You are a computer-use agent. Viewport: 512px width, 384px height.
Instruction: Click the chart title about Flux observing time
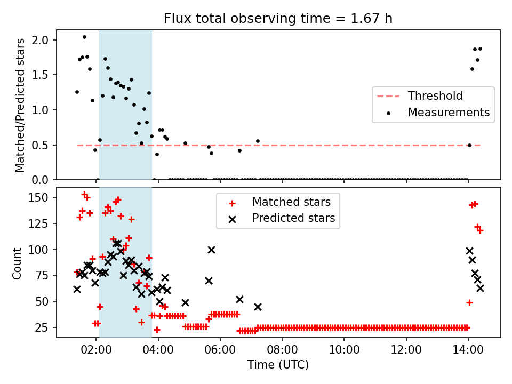(x=278, y=19)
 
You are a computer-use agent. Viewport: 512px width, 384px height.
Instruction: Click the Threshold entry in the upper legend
(x=420, y=96)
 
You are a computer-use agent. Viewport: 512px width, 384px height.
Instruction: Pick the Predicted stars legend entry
(x=282, y=218)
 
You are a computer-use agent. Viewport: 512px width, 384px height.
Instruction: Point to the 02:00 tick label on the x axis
(x=96, y=350)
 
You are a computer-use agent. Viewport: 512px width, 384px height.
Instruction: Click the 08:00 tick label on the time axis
(x=282, y=350)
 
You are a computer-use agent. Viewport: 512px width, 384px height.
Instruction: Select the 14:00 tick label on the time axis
(x=468, y=350)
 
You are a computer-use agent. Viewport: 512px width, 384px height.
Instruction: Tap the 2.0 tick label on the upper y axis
(x=40, y=40)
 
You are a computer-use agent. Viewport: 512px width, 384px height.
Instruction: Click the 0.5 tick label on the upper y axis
(x=40, y=145)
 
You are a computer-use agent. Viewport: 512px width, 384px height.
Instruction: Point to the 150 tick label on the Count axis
(x=38, y=197)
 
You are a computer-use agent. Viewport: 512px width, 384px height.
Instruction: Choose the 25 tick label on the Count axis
(x=42, y=327)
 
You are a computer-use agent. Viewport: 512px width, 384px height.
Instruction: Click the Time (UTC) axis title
(x=278, y=365)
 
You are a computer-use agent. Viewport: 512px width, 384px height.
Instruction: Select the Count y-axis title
(x=17, y=263)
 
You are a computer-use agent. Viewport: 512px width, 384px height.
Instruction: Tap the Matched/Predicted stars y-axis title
(x=20, y=105)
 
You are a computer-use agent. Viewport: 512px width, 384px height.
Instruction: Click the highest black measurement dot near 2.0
(x=84, y=37)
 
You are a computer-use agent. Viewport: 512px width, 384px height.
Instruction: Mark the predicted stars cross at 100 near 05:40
(x=211, y=250)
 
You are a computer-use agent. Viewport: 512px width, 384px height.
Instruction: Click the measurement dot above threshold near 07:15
(x=258, y=141)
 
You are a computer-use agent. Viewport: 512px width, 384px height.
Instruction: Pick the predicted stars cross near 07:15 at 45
(x=258, y=307)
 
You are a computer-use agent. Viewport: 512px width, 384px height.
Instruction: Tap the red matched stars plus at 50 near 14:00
(x=469, y=303)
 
